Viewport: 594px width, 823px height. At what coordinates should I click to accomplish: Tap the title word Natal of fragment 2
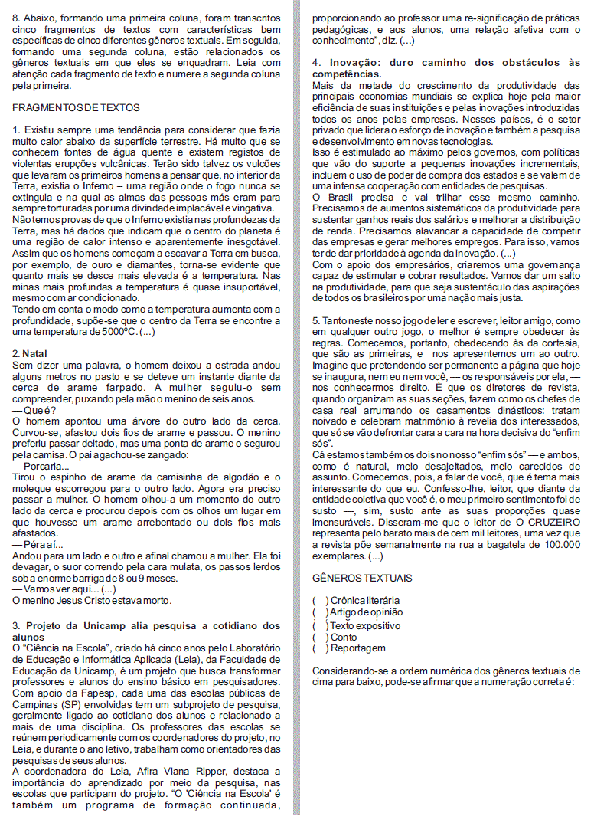35,354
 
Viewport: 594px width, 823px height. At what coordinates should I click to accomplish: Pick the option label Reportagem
358,648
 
